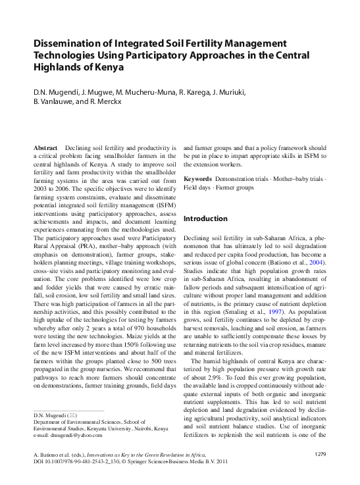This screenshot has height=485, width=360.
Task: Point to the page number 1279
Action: coord(320,455)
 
